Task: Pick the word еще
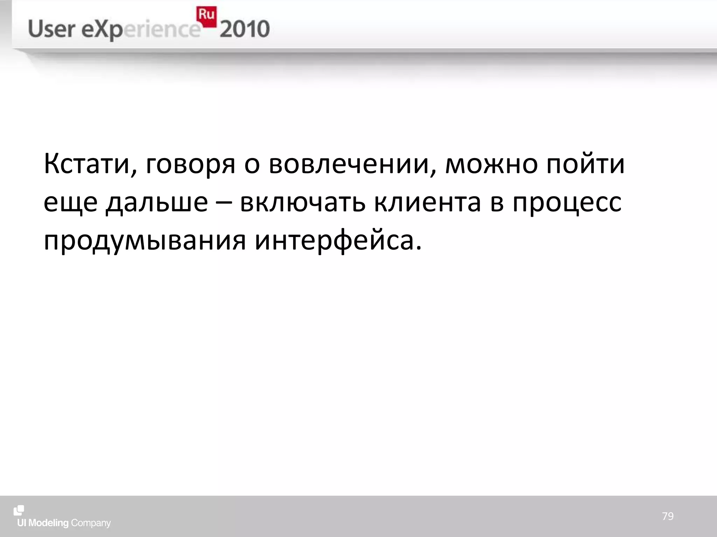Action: coord(70,203)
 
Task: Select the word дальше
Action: coord(157,203)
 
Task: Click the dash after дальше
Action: coord(224,203)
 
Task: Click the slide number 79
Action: coord(668,516)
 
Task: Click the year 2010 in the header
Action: coord(245,29)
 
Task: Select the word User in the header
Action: coord(51,29)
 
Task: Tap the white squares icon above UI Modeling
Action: coord(19,510)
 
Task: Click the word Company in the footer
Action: coord(91,523)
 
